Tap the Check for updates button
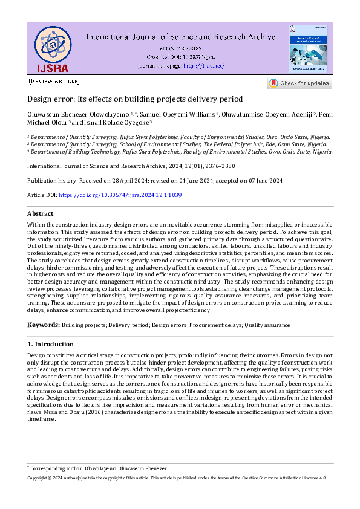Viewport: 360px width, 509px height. click(x=299, y=83)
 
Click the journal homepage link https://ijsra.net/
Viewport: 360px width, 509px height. click(x=203, y=65)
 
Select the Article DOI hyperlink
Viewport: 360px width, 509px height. click(x=120, y=195)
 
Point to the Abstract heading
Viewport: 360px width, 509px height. click(x=41, y=214)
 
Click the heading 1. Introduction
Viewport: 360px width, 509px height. click(x=51, y=344)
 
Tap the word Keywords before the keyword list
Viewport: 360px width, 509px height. click(x=43, y=325)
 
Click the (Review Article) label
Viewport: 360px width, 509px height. click(x=54, y=81)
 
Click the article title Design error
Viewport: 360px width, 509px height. click(x=135, y=99)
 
